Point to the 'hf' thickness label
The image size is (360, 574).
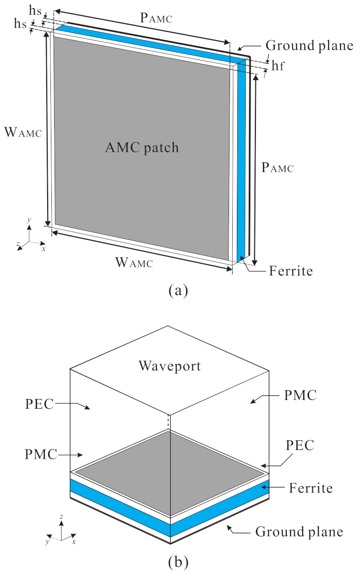click(278, 67)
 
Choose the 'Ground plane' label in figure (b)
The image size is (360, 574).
click(299, 531)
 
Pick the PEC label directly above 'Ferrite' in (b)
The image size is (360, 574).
click(300, 446)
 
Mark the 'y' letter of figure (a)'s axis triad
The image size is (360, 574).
click(29, 222)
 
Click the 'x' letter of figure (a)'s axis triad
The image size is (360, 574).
click(43, 249)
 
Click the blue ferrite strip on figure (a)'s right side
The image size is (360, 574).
click(240, 162)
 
